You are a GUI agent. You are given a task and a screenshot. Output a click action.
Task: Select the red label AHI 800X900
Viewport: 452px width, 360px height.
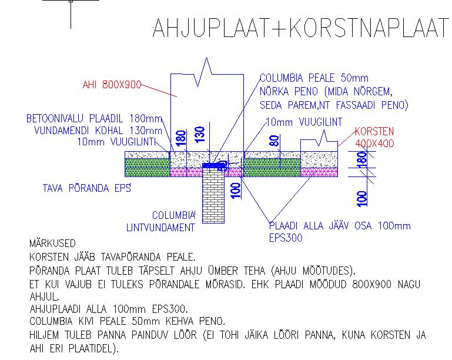(112, 85)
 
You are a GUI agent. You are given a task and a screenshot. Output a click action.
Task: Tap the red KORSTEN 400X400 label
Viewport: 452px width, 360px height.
(374, 137)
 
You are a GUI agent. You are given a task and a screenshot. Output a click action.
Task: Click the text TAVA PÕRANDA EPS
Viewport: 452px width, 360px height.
(86, 188)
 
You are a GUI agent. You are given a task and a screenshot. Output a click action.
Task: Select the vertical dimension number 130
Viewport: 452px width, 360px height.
(200, 136)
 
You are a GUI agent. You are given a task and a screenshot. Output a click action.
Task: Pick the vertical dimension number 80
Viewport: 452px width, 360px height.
(273, 142)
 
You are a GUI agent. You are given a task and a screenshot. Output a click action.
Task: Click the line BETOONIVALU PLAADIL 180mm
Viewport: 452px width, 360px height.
(93, 119)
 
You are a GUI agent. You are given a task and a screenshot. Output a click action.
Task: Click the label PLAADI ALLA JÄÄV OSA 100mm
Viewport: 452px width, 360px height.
(340, 226)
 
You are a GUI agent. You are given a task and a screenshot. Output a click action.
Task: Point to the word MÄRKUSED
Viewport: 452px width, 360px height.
(52, 243)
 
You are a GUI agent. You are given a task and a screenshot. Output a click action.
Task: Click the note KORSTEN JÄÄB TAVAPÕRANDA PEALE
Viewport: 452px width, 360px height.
(112, 257)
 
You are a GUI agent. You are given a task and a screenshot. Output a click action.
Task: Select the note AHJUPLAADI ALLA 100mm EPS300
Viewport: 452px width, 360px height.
(108, 308)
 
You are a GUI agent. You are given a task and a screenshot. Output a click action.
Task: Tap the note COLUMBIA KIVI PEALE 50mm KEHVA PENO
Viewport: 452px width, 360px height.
(127, 321)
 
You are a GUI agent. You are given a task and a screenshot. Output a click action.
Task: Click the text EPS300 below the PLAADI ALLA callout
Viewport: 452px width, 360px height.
(286, 238)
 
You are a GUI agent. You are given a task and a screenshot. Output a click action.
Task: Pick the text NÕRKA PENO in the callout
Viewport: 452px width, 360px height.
(289, 92)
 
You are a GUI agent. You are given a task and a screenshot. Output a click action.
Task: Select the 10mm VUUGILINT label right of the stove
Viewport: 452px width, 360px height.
(304, 122)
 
